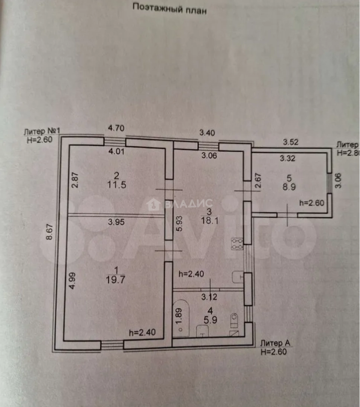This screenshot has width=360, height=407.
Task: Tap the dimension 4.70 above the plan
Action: [x=116, y=128]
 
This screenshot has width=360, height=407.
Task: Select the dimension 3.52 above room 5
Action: [x=291, y=143]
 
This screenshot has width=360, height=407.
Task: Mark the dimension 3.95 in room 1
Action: [x=116, y=222]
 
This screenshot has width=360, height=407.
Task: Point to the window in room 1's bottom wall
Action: [x=112, y=345]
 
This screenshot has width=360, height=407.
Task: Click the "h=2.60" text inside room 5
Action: [x=311, y=202]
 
